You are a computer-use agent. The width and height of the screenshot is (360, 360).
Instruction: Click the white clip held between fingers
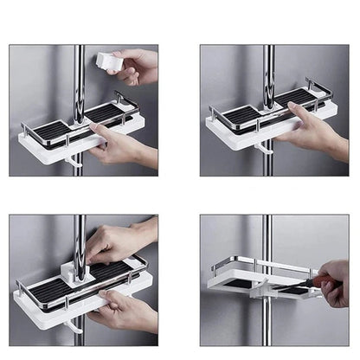tap(109, 62)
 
